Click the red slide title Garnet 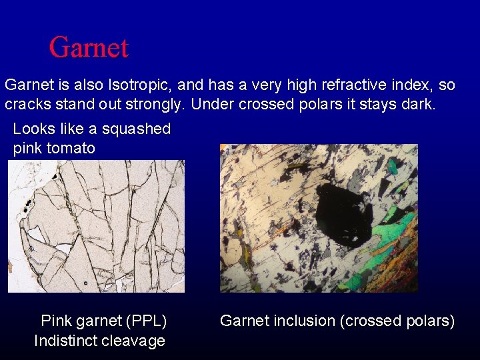coord(89,47)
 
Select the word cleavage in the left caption coord(133,341)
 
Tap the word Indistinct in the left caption coord(65,341)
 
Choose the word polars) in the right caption coord(430,321)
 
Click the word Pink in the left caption coord(57,321)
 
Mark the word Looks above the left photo coord(33,129)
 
